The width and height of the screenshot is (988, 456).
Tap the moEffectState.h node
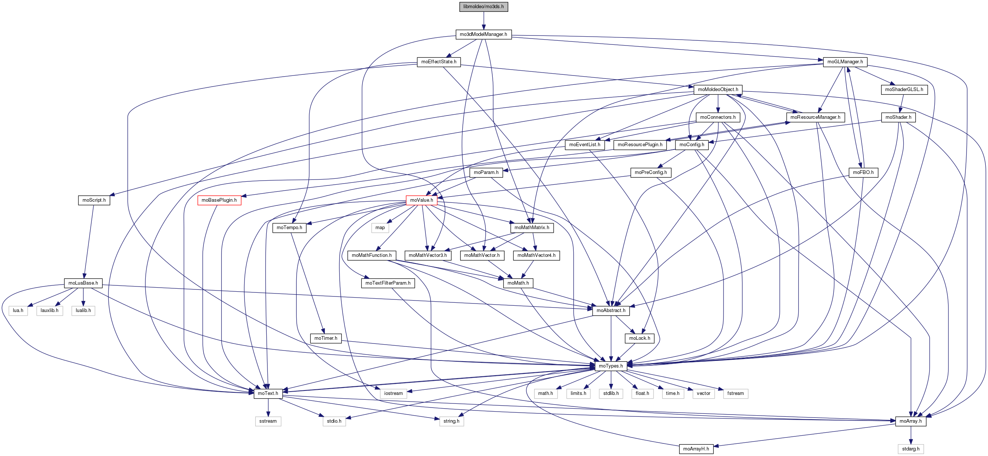[x=438, y=62]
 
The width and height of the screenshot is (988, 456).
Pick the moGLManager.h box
[x=844, y=62]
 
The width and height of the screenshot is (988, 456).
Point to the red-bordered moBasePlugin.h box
[x=219, y=200]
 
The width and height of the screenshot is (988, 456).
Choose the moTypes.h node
[x=611, y=366]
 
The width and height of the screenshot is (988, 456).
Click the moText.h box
[x=268, y=393]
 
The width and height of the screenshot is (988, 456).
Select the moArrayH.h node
[x=696, y=449]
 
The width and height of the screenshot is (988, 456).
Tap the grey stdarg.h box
[x=911, y=449]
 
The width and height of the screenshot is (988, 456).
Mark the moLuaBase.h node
[x=83, y=283]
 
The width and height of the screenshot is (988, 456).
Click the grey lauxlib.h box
[x=50, y=311]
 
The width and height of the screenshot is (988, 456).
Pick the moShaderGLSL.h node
[x=904, y=90]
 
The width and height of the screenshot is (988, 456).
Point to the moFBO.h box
[x=863, y=172]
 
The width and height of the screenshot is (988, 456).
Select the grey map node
[x=380, y=228]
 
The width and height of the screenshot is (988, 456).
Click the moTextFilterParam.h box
[x=387, y=283]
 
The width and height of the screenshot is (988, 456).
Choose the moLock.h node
[x=639, y=338]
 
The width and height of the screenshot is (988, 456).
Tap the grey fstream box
[x=735, y=393]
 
